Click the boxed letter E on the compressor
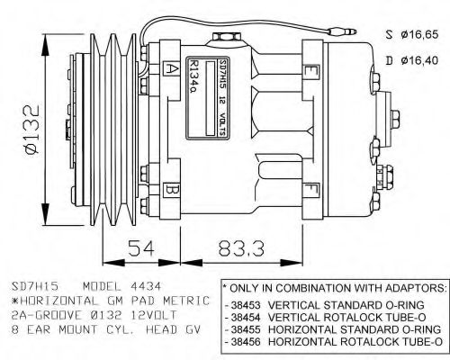[310, 70]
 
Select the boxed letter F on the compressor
[310, 190]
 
